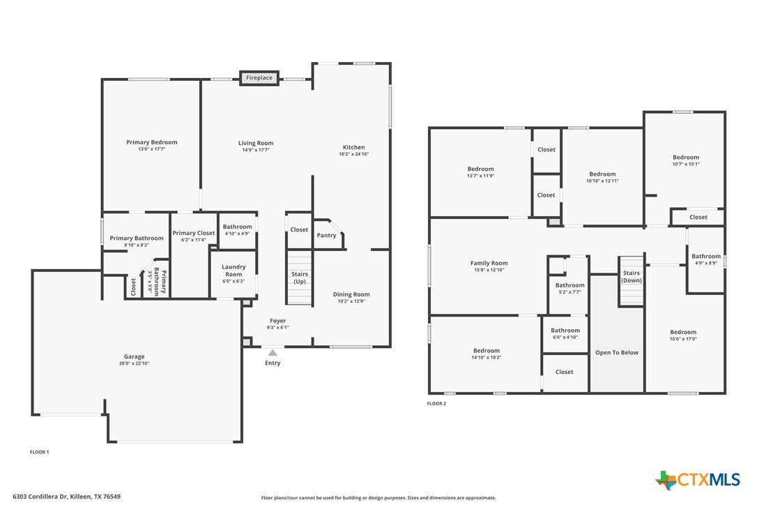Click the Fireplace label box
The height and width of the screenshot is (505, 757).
click(259, 78)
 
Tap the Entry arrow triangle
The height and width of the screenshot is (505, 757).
click(273, 353)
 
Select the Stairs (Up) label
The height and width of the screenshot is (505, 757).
click(300, 278)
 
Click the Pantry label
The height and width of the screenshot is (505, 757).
click(326, 235)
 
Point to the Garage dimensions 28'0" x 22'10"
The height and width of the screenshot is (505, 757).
click(135, 363)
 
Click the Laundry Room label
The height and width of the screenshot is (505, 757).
click(234, 271)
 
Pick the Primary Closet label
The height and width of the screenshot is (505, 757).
click(194, 233)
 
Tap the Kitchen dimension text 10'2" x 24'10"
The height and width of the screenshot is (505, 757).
click(354, 154)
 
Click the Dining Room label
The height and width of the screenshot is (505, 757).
click(351, 294)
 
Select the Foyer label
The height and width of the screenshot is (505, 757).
click(278, 320)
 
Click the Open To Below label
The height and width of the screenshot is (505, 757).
click(617, 353)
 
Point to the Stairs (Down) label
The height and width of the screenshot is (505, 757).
click(632, 276)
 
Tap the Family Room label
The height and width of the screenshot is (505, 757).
click(489, 264)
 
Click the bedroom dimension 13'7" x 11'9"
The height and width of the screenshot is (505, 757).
click(481, 176)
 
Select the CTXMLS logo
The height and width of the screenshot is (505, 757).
click(698, 480)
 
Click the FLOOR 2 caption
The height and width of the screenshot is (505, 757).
click(436, 404)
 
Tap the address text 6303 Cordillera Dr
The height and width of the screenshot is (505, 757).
click(40, 497)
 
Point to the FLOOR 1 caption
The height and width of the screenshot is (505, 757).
click(40, 452)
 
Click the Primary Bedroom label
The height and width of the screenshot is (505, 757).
click(151, 142)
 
